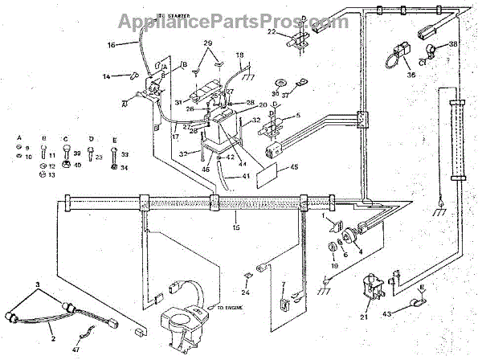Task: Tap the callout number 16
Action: point(111,45)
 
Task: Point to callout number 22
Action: point(271,31)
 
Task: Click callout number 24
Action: point(246,293)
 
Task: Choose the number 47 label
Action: point(76,348)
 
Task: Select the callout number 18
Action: point(239,54)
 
